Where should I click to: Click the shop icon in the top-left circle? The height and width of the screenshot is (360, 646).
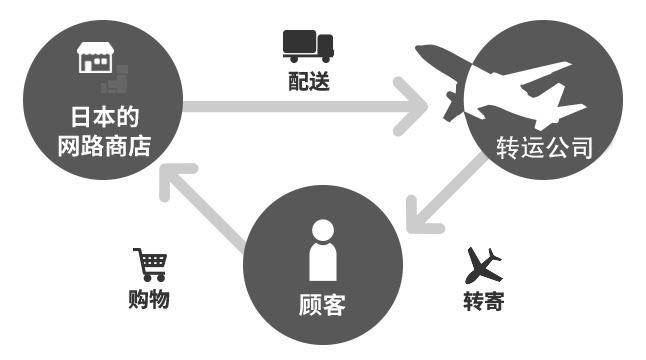click(x=96, y=59)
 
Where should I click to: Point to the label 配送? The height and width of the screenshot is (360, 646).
click(x=307, y=81)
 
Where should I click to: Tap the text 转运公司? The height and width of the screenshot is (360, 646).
click(x=545, y=149)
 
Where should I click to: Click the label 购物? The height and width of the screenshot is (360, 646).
click(x=150, y=299)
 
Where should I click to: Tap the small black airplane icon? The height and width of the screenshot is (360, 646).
click(x=485, y=264)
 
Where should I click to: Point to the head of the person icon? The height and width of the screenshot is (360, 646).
click(x=322, y=229)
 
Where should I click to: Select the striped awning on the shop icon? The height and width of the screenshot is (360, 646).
click(x=96, y=51)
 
